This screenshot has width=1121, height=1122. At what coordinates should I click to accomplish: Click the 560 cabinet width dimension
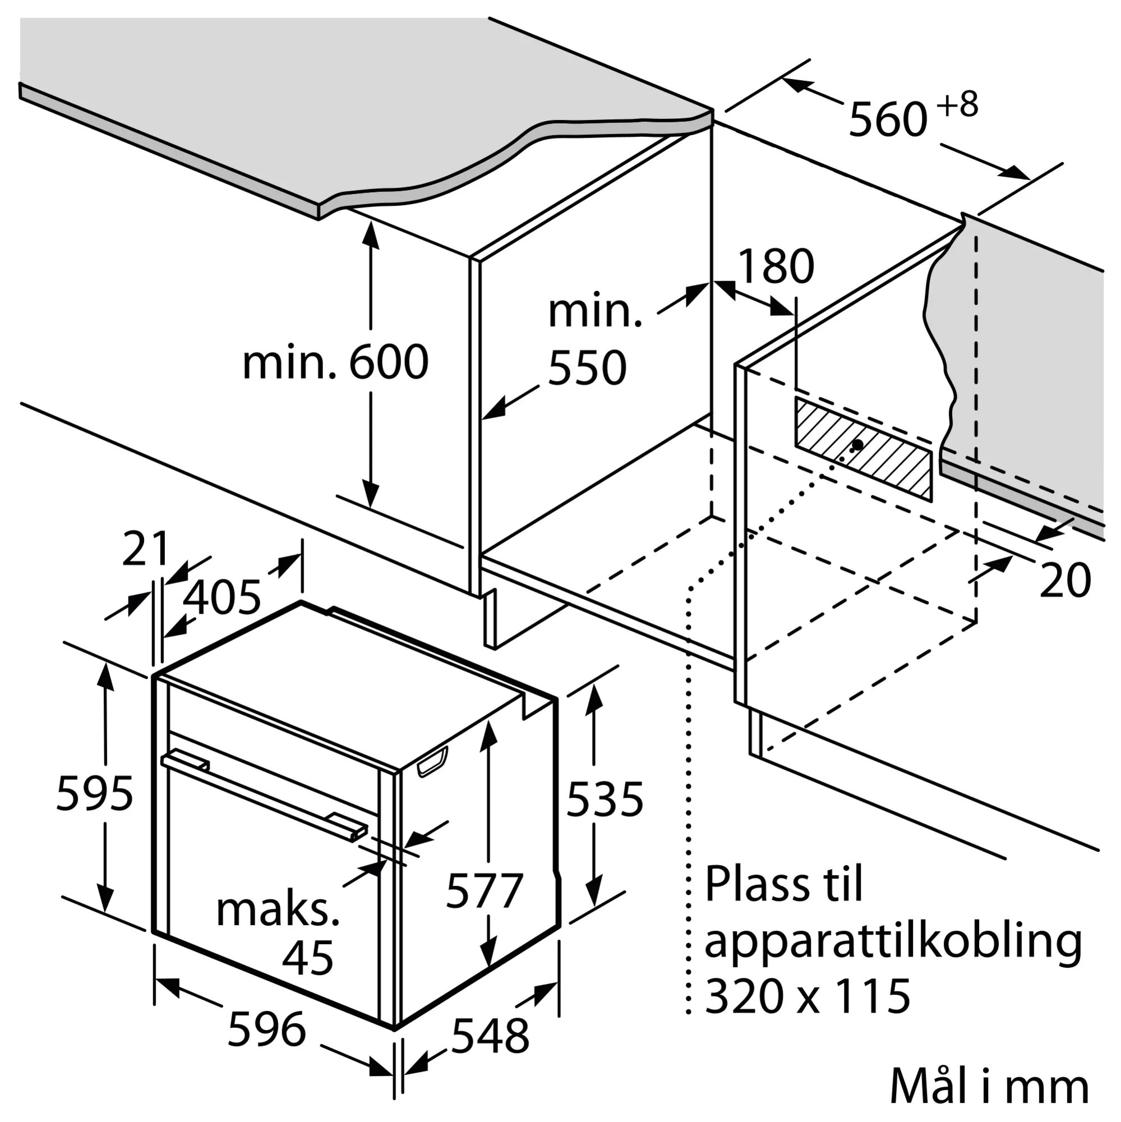pyautogui.click(x=888, y=120)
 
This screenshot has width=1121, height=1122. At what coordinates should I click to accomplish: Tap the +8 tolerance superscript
pyautogui.click(x=958, y=105)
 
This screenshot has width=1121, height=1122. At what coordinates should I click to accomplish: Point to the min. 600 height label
pyautogui.click(x=335, y=362)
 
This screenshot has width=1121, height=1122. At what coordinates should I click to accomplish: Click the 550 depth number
pyautogui.click(x=587, y=367)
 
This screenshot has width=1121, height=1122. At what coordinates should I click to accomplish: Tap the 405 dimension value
pyautogui.click(x=222, y=597)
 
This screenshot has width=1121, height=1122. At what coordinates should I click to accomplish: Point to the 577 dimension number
pyautogui.click(x=485, y=890)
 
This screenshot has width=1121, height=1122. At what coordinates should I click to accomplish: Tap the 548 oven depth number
pyautogui.click(x=491, y=1036)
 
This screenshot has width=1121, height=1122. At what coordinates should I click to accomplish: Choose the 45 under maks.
pyautogui.click(x=308, y=958)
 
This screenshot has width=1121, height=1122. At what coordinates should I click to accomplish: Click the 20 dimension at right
pyautogui.click(x=1065, y=581)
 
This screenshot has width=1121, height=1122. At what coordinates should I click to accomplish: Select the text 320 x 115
pyautogui.click(x=807, y=996)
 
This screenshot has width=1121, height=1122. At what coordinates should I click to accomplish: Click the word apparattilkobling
pyautogui.click(x=893, y=942)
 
